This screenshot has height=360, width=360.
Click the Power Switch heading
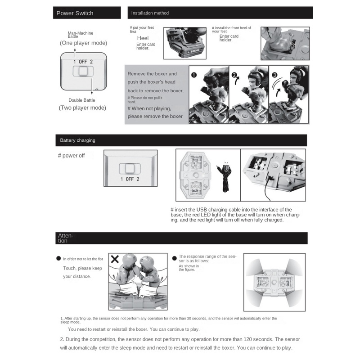75,13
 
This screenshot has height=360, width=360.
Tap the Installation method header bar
220,13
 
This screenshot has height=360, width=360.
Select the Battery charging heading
78,140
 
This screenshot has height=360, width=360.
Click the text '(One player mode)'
83,43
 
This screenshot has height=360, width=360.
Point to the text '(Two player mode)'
82,108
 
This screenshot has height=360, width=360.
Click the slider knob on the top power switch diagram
83,72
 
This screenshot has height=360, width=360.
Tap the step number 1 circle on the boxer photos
194,75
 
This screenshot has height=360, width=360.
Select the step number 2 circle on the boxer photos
234,76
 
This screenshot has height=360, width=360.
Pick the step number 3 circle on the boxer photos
274,76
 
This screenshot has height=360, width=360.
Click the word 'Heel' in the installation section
143,38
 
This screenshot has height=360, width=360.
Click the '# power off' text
71,156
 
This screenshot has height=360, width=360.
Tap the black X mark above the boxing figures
115,259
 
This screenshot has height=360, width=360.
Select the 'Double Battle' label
82,100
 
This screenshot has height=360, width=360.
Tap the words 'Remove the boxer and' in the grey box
152,74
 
